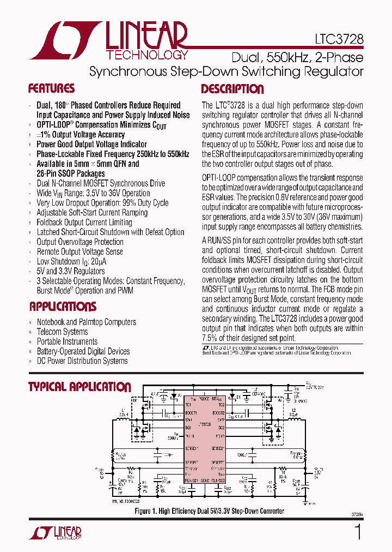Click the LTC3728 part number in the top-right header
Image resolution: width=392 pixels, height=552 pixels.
click(338, 40)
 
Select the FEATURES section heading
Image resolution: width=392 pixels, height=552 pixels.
click(51, 89)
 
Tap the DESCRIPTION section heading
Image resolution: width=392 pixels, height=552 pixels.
click(232, 89)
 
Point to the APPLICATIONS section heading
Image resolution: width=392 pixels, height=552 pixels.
click(63, 307)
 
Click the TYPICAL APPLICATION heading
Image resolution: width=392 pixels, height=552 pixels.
click(79, 387)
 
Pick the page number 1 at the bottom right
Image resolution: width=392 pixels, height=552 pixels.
click(358, 532)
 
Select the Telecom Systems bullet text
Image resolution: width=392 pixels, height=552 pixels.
click(62, 332)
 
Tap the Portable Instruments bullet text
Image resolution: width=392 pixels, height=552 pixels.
click(67, 341)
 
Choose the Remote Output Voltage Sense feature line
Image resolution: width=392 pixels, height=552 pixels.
click(79, 251)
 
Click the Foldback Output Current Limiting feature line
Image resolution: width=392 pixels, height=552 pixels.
click(84, 222)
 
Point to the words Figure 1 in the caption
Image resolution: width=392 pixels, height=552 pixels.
click(148, 511)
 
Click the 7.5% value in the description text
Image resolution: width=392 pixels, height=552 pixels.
click(211, 338)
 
